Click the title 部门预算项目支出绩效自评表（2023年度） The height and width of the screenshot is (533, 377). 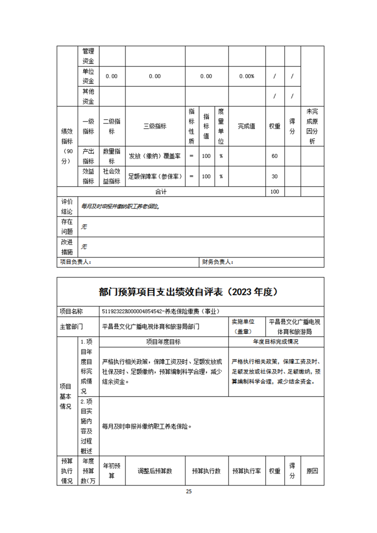pyautogui.click(x=188, y=292)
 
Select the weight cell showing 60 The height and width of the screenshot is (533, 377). pyautogui.click(x=274, y=156)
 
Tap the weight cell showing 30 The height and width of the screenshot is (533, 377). pyautogui.click(x=274, y=176)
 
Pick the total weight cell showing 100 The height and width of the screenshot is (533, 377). pyautogui.click(x=274, y=191)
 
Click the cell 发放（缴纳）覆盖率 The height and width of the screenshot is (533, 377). pyautogui.click(x=155, y=156)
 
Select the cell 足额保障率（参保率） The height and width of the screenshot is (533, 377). pyautogui.click(x=155, y=176)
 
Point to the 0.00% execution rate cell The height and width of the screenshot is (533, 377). pyautogui.click(x=246, y=76)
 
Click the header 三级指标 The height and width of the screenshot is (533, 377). pyautogui.click(x=155, y=126)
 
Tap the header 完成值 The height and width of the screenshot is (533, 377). pyautogui.click(x=246, y=126)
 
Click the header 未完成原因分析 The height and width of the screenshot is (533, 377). pyautogui.click(x=312, y=126)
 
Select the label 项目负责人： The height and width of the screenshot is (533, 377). pyautogui.click(x=76, y=262)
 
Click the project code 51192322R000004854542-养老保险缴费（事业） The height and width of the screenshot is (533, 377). pyautogui.click(x=161, y=311)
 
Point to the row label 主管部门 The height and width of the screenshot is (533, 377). pyautogui.click(x=71, y=326)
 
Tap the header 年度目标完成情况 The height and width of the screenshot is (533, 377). pyautogui.click(x=276, y=342)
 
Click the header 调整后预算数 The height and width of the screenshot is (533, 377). pyautogui.click(x=155, y=471)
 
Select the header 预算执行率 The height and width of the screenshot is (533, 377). pyautogui.click(x=246, y=471)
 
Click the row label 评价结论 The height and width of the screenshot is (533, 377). pyautogui.click(x=67, y=206)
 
